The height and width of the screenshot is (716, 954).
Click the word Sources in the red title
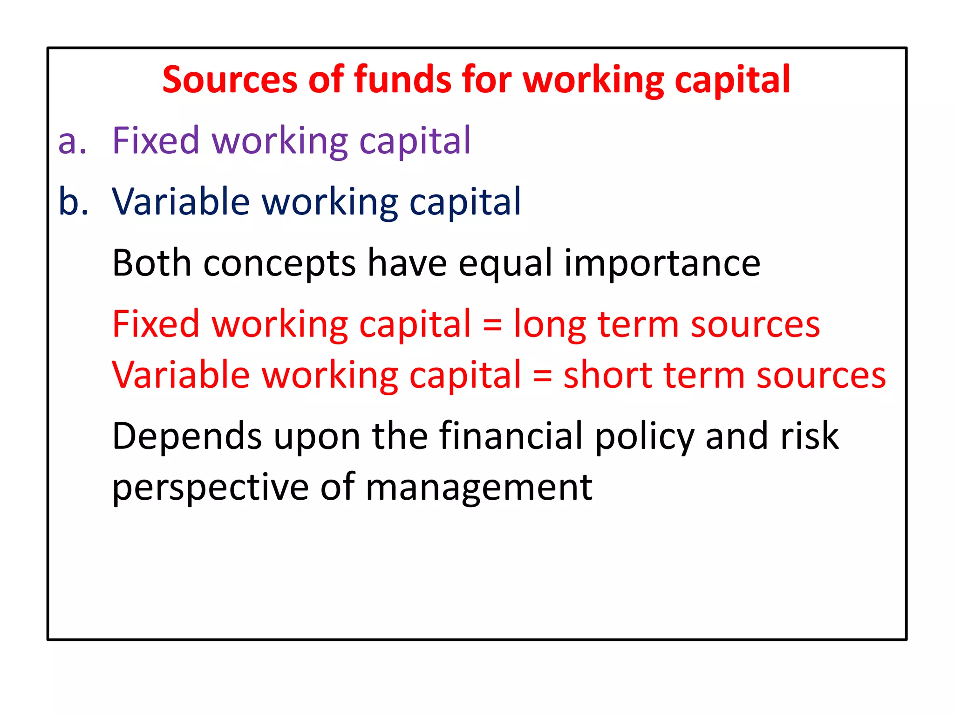pyautogui.click(x=230, y=80)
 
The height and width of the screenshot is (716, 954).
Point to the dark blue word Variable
pyautogui.click(x=181, y=201)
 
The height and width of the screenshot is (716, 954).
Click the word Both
pyautogui.click(x=152, y=263)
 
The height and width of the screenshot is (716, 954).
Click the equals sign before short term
pyautogui.click(x=542, y=376)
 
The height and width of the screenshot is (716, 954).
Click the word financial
pyautogui.click(x=511, y=435)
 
